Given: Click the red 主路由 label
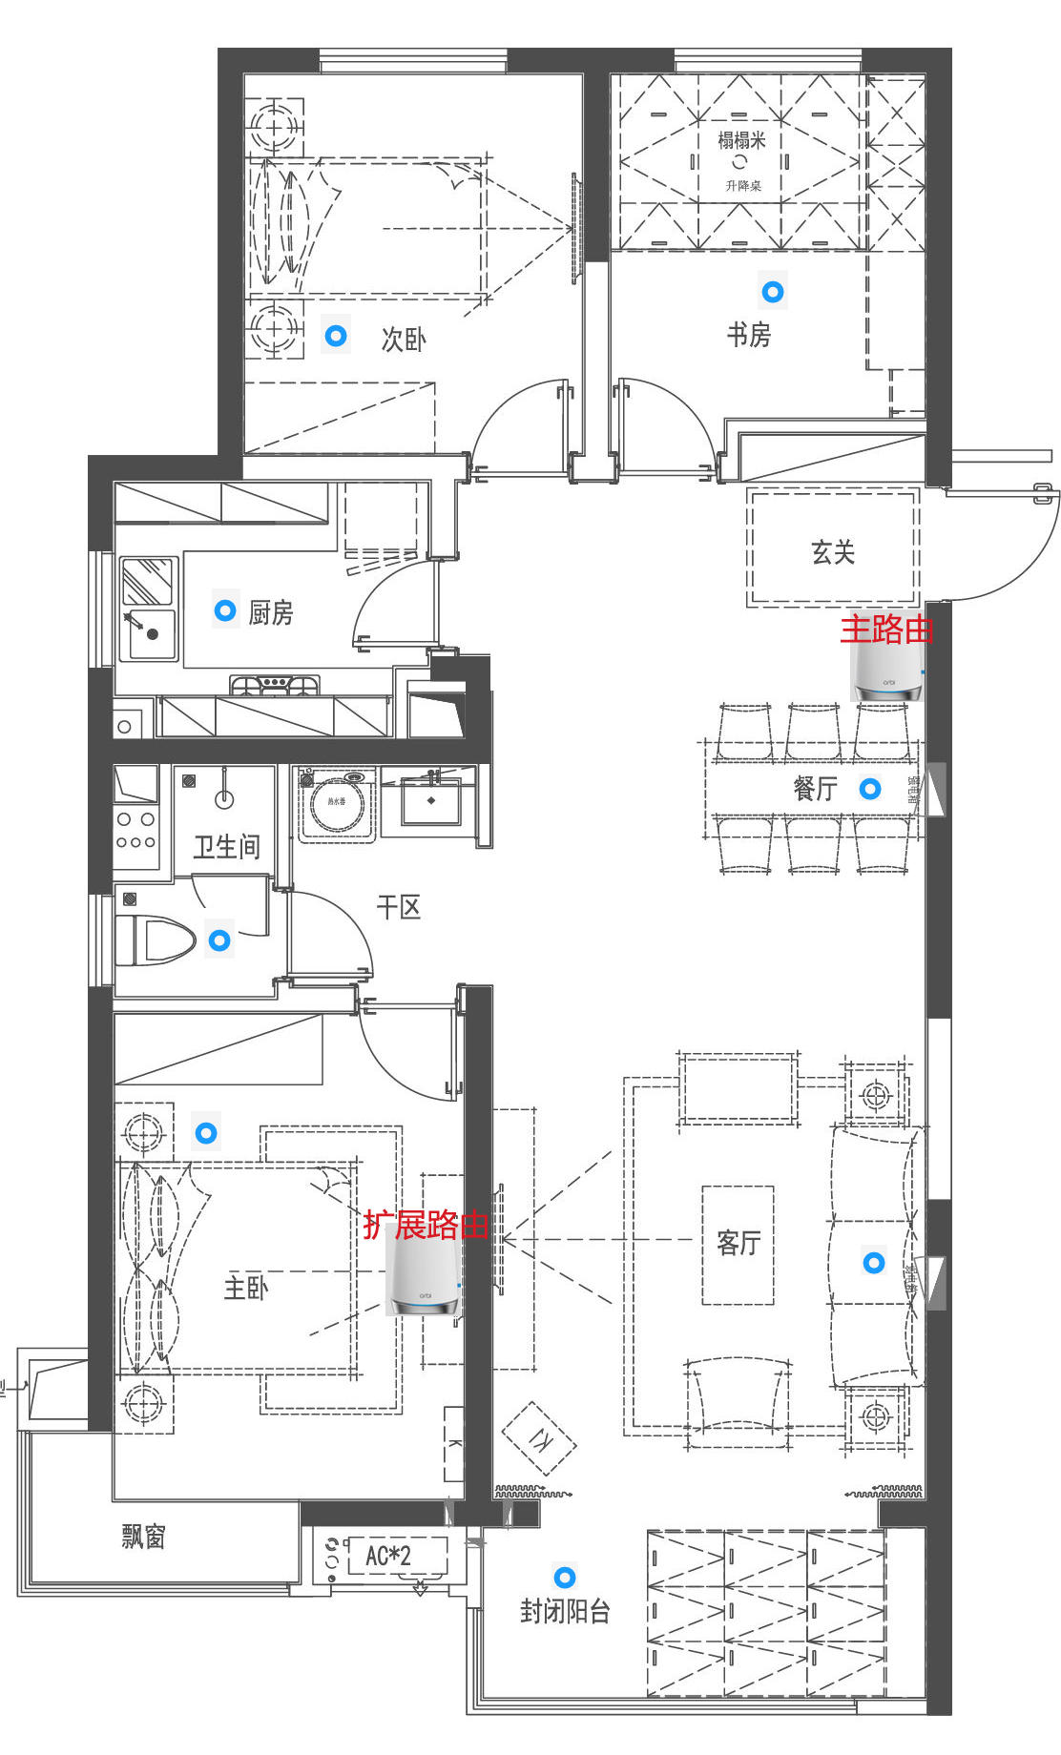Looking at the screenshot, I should click(886, 630).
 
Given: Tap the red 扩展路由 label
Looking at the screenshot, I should click(426, 1225).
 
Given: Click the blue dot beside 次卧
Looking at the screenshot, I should click(336, 336).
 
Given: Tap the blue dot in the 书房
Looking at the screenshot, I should click(773, 292).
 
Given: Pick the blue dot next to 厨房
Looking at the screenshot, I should click(225, 609).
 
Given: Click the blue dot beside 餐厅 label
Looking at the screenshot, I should click(870, 789).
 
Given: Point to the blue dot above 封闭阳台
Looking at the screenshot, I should click(565, 1577).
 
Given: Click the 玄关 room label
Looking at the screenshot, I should click(833, 552).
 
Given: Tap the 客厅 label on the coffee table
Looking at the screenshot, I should click(739, 1243).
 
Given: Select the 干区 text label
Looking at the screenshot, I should click(399, 907).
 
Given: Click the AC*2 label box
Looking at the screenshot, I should click(389, 1557).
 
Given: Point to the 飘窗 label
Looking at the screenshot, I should click(144, 1537).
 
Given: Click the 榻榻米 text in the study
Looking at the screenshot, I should click(741, 141).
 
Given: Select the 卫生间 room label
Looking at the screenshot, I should click(226, 846).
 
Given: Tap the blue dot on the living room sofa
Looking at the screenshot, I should click(874, 1263).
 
